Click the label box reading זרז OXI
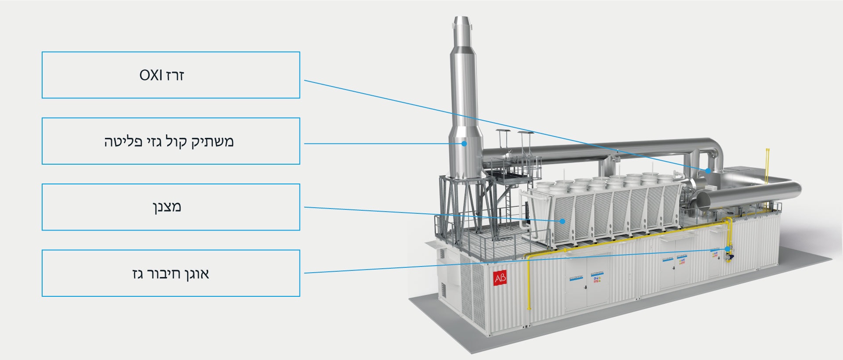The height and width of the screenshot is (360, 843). coord(171,75)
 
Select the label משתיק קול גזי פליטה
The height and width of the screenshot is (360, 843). coord(171,141)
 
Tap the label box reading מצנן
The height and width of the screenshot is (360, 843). coord(171,207)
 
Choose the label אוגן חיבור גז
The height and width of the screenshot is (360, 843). coord(171,273)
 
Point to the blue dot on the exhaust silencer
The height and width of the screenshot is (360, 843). coord(464,143)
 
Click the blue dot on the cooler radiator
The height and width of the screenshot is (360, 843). coord(562,221)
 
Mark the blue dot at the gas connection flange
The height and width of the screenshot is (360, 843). coord(728,249)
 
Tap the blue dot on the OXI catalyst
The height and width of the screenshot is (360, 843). coord(708,170)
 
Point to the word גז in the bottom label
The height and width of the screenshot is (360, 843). coord(138,274)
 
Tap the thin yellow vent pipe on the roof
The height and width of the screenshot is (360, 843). coord(767,165)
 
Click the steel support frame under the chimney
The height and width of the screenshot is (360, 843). coord(461,206)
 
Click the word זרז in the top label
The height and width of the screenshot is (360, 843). coord(175,76)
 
